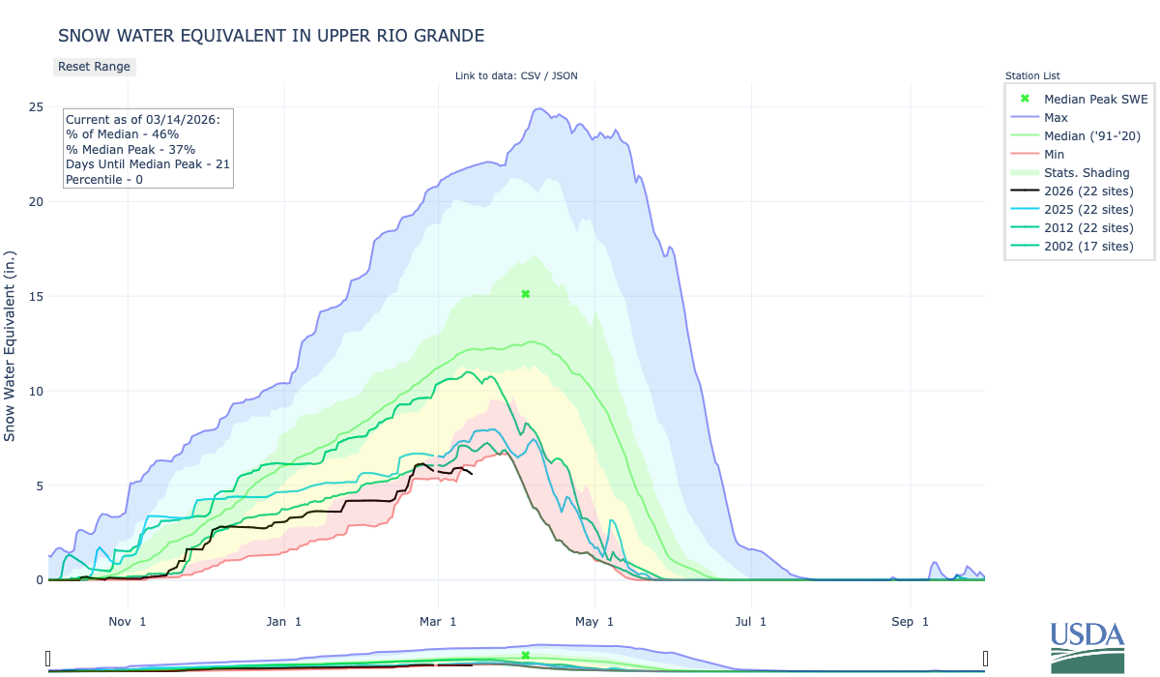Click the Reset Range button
pos(95,67)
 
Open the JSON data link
pos(565,75)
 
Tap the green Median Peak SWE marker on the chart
pos(526,294)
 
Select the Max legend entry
pos(1056,117)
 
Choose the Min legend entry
pos(1055,154)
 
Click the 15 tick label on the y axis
pos(36,296)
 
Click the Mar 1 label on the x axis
pos(438,621)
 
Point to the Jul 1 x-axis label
pos(749,621)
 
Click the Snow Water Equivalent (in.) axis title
pos(11,343)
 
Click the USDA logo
pos(1087,646)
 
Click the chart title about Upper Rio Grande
pos(271,36)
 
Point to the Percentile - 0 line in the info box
pos(104,179)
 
